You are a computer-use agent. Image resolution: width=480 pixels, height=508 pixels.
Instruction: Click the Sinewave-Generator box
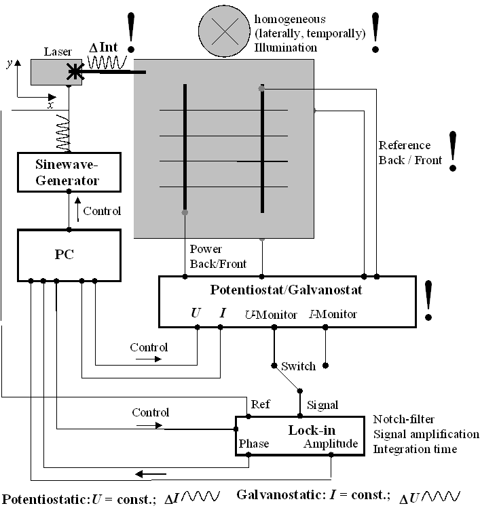(x=69, y=172)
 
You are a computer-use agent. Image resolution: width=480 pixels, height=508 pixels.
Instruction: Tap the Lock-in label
(x=312, y=430)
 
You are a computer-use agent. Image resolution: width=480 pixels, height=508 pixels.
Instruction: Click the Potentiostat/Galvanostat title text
(x=286, y=290)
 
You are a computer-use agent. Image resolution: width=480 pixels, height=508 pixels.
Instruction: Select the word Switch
(x=298, y=366)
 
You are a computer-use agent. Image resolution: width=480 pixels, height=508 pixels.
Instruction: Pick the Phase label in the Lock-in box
(x=254, y=444)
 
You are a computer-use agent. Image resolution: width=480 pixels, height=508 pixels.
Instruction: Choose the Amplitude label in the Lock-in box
(x=331, y=444)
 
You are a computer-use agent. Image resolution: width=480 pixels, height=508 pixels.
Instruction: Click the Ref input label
(x=260, y=405)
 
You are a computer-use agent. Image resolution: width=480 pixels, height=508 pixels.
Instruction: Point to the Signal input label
(x=322, y=405)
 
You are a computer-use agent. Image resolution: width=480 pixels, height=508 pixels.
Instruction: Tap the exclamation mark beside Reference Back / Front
(x=452, y=151)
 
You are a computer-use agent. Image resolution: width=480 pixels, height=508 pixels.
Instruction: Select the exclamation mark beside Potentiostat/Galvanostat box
(x=428, y=298)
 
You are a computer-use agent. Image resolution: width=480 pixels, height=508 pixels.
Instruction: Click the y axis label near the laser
(x=8, y=63)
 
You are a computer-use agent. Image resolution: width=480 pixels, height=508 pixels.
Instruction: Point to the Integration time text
(x=415, y=449)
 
